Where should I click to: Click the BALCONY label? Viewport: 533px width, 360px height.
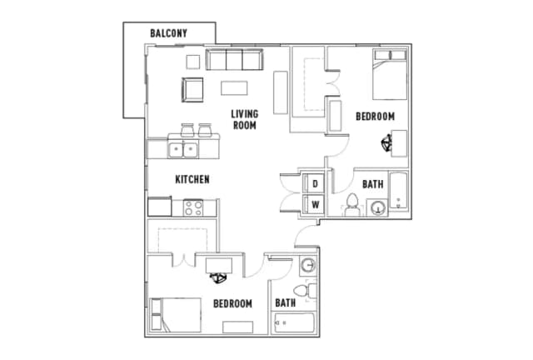(x=168, y=33)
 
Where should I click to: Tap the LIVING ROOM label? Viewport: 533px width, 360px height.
(x=244, y=119)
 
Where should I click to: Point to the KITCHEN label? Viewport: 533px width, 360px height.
(x=192, y=179)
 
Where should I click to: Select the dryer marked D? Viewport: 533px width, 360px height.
(x=316, y=183)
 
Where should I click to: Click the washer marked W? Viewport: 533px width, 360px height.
(x=316, y=204)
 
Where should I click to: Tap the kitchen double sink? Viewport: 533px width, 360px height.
(x=182, y=150)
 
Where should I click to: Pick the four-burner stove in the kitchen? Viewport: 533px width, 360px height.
(x=194, y=207)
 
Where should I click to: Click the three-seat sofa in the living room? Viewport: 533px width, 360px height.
(x=234, y=60)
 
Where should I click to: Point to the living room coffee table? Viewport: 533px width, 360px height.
(x=234, y=88)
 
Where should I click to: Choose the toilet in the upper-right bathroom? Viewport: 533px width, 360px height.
(x=351, y=205)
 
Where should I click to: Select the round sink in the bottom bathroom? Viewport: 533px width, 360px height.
(x=308, y=266)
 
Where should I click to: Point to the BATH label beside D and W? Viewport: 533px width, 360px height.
(x=372, y=183)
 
